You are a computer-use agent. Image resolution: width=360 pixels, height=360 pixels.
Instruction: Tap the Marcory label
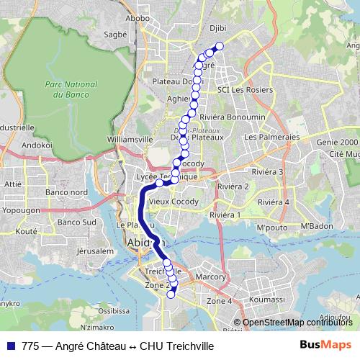pyautogui.click(x=210, y=276)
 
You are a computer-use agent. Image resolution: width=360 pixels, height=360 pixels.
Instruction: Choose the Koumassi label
pyautogui.click(x=267, y=298)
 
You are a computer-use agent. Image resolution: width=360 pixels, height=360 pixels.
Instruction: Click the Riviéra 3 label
pyautogui.click(x=268, y=172)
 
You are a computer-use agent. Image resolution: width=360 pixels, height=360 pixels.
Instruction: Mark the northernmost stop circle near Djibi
pyautogui.click(x=220, y=47)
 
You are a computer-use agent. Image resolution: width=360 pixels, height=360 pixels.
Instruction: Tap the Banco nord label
pyautogui.click(x=66, y=192)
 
